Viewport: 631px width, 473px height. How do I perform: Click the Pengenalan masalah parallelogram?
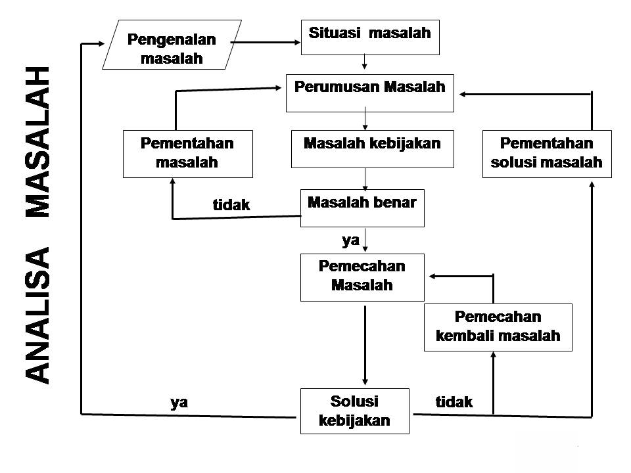point(172,45)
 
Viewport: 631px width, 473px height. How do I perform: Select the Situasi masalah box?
point(370,37)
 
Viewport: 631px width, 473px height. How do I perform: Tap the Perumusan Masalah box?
point(370,93)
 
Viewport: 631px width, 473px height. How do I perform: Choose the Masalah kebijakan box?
point(372,149)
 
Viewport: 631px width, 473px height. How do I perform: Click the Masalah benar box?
point(362,208)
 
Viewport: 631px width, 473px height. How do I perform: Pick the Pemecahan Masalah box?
point(362,277)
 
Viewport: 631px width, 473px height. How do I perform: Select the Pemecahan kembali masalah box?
point(498,327)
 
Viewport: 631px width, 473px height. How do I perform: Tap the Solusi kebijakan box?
point(354,411)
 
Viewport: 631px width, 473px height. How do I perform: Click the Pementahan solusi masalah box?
point(547,154)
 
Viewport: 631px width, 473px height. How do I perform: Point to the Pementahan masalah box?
point(187,154)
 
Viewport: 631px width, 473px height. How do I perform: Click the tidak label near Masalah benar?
point(231,205)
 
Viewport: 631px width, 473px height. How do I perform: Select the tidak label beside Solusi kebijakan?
point(454,401)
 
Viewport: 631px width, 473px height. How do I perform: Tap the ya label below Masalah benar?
point(350,240)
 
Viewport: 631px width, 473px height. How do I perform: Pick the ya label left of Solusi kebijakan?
point(179,402)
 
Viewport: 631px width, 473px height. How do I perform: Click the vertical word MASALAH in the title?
point(37,142)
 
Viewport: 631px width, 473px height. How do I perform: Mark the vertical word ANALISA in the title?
point(37,316)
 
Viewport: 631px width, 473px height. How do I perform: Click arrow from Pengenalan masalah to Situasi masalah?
point(266,42)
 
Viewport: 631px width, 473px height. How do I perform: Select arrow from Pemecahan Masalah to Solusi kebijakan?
point(365,346)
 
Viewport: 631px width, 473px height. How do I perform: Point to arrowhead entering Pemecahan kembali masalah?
point(494,354)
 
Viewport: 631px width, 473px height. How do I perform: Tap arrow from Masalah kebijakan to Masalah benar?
point(365,179)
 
